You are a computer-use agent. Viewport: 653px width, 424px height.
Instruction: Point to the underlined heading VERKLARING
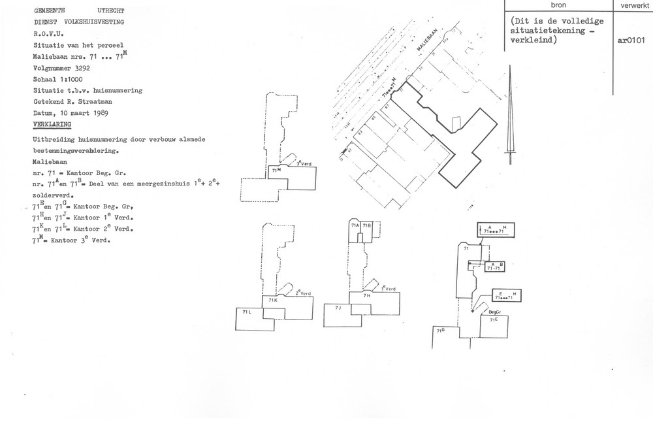click(x=53, y=123)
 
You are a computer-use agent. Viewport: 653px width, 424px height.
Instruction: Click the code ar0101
click(x=631, y=39)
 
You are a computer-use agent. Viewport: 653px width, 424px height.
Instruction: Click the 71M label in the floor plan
click(x=277, y=170)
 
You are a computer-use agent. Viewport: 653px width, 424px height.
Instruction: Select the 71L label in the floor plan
click(x=247, y=313)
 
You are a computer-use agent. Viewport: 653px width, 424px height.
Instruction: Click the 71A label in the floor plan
click(x=356, y=225)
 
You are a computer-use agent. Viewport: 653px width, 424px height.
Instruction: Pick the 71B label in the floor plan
click(x=367, y=225)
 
